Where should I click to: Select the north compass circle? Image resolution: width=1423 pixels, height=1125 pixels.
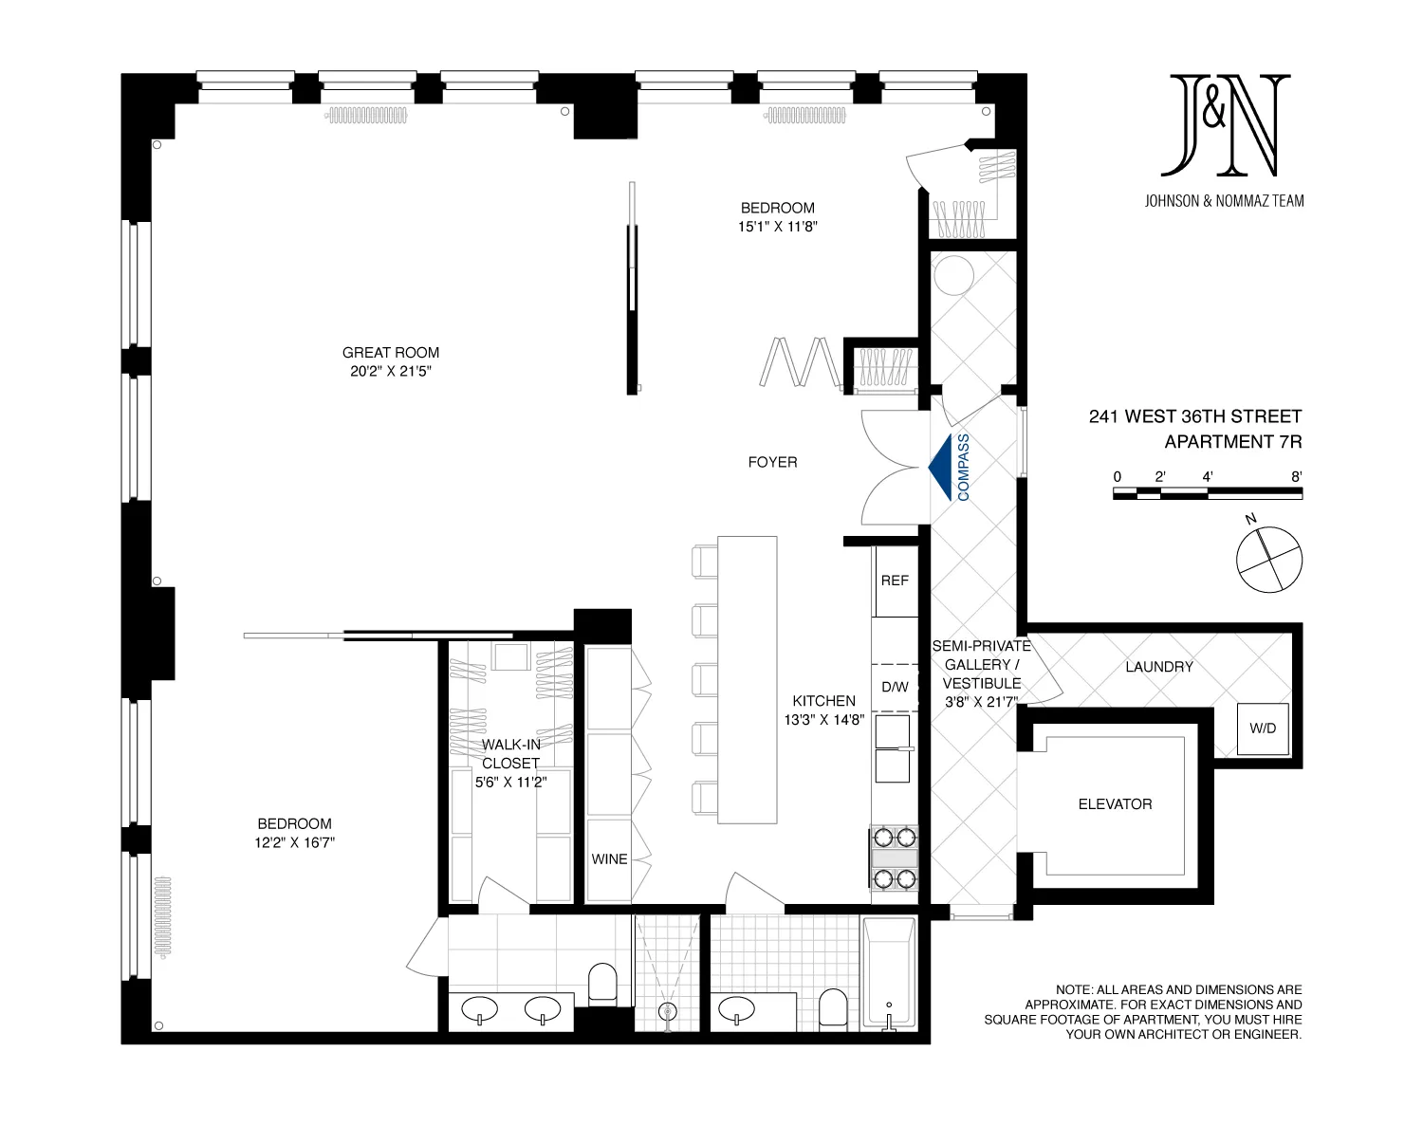[1269, 559]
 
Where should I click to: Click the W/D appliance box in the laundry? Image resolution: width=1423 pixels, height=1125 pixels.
[1263, 729]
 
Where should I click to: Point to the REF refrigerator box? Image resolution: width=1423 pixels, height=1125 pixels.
[895, 581]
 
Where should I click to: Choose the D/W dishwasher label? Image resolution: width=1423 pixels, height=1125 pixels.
[895, 687]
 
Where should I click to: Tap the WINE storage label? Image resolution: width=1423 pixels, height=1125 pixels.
[609, 859]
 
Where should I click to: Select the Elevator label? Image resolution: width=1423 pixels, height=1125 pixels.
[1115, 804]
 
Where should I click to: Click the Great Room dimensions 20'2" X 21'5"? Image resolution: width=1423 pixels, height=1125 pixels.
[391, 372]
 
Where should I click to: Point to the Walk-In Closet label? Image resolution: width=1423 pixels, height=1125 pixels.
[510, 754]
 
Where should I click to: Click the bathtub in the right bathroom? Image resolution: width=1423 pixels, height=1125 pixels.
[889, 972]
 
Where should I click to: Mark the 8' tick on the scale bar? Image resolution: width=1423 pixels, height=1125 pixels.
[1296, 478]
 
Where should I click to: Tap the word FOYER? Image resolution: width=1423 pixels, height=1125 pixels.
[772, 462]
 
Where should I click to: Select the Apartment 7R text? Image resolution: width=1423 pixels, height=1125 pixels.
[1232, 442]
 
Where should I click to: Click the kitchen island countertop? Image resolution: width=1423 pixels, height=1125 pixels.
[747, 679]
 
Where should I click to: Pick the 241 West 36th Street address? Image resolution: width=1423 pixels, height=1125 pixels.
[1194, 416]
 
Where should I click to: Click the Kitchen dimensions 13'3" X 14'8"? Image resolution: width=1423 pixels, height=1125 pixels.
[823, 720]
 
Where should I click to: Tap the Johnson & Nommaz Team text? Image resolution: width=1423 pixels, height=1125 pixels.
[1224, 201]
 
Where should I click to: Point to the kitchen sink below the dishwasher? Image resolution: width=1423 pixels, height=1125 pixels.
[893, 748]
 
